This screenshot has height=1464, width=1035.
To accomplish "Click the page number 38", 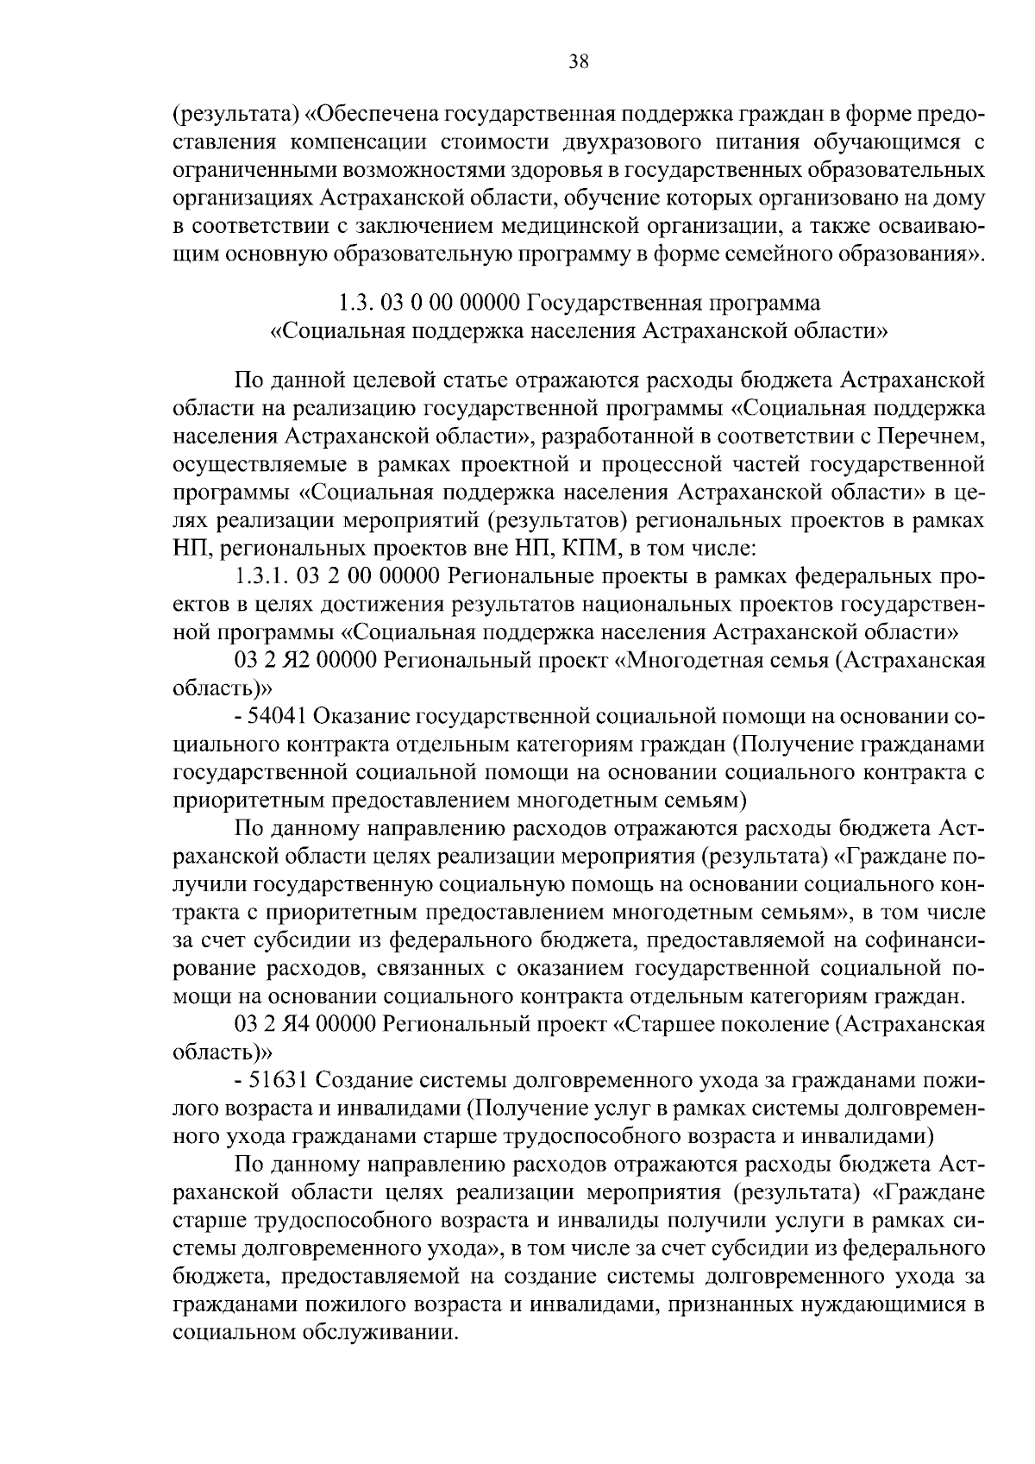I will point(579,60).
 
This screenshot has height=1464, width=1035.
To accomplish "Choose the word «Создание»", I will point(361,1079).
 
